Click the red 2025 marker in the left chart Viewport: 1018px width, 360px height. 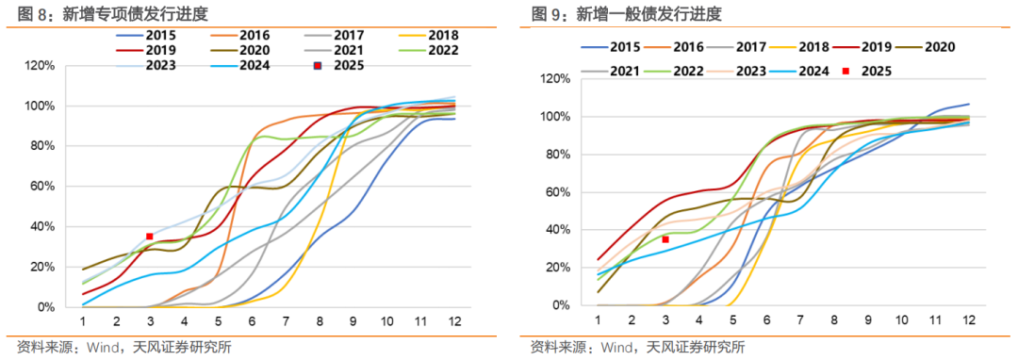pos(149,237)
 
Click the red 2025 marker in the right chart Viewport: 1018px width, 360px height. pos(665,239)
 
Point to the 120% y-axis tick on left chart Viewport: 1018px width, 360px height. pos(41,65)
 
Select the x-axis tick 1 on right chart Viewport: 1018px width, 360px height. pos(598,320)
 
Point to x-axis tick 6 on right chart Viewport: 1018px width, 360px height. pos(767,320)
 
